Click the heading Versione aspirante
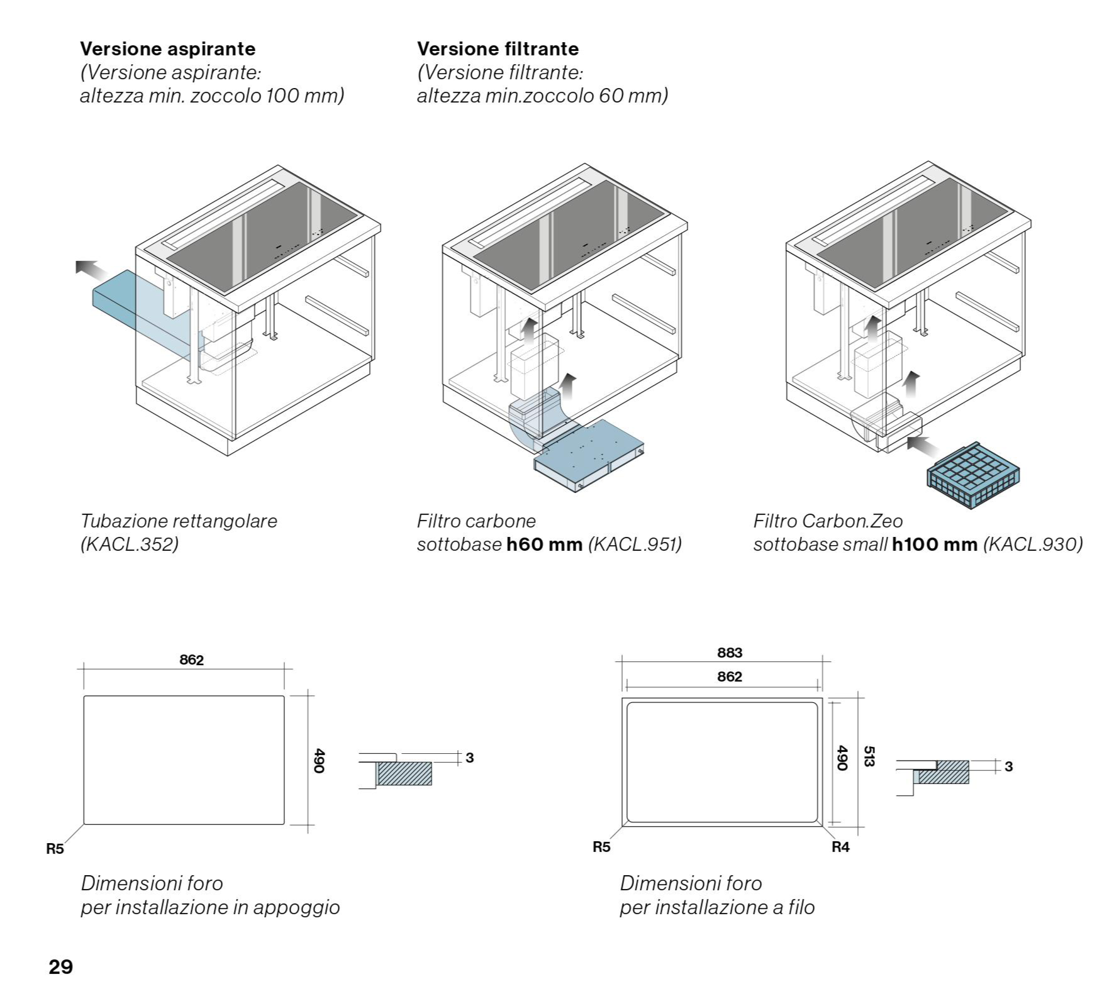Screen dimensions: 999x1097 [167, 49]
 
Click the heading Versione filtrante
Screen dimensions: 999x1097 [498, 49]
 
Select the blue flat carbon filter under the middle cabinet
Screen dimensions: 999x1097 [588, 456]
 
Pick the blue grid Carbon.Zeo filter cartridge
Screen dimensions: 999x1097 [972, 474]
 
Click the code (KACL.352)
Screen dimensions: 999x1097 [130, 544]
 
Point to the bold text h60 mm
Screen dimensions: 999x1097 [545, 544]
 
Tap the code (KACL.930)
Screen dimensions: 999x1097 [1032, 544]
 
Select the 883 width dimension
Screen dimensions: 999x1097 [730, 653]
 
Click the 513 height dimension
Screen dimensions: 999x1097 [869, 756]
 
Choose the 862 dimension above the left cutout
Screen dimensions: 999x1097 [191, 660]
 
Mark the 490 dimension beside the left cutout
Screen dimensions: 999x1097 [319, 761]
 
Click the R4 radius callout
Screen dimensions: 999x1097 [840, 847]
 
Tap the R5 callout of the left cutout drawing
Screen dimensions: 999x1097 [55, 849]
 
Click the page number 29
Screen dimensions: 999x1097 [60, 966]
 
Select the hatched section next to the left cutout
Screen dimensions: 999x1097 [404, 773]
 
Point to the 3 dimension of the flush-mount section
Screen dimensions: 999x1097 [1009, 766]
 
